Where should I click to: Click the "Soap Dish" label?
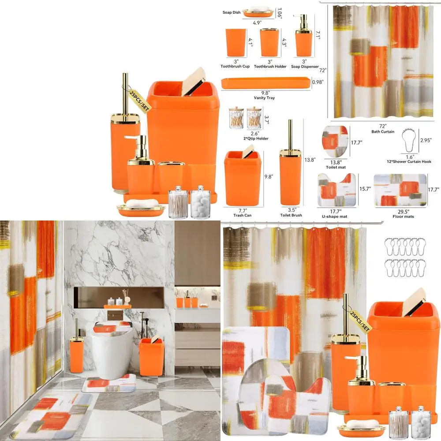[x=232, y=12]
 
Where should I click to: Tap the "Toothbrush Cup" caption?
[x=235, y=67]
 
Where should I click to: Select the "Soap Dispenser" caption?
[x=305, y=67]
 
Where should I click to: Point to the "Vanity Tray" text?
[x=264, y=97]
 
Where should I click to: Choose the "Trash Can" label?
[x=243, y=215]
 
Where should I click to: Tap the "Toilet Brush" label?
[x=291, y=215]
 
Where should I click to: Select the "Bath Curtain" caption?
[x=382, y=131]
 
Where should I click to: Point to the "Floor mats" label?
[x=403, y=217]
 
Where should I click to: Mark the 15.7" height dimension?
[x=364, y=188]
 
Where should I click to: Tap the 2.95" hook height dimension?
[x=426, y=140]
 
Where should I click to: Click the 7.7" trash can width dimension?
[x=243, y=210]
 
